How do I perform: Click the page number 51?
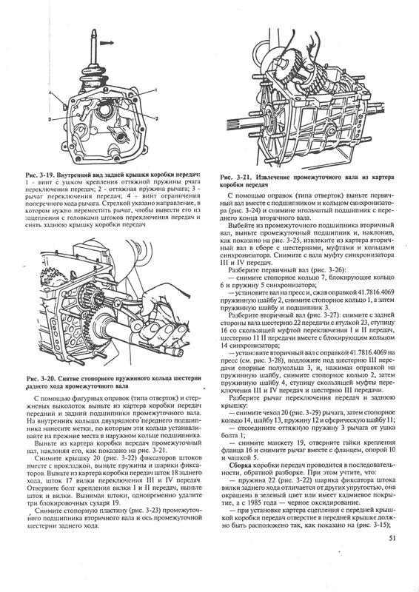pyautogui.click(x=391, y=539)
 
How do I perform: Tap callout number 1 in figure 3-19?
pyautogui.click(x=155, y=90)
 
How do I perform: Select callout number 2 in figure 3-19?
pyautogui.click(x=156, y=118)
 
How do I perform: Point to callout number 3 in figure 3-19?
pyautogui.click(x=50, y=119)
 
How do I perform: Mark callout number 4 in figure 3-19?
pyautogui.click(x=50, y=92)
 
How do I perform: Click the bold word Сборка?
pyautogui.click(x=240, y=464)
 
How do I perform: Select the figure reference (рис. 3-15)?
pyautogui.click(x=372, y=525)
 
